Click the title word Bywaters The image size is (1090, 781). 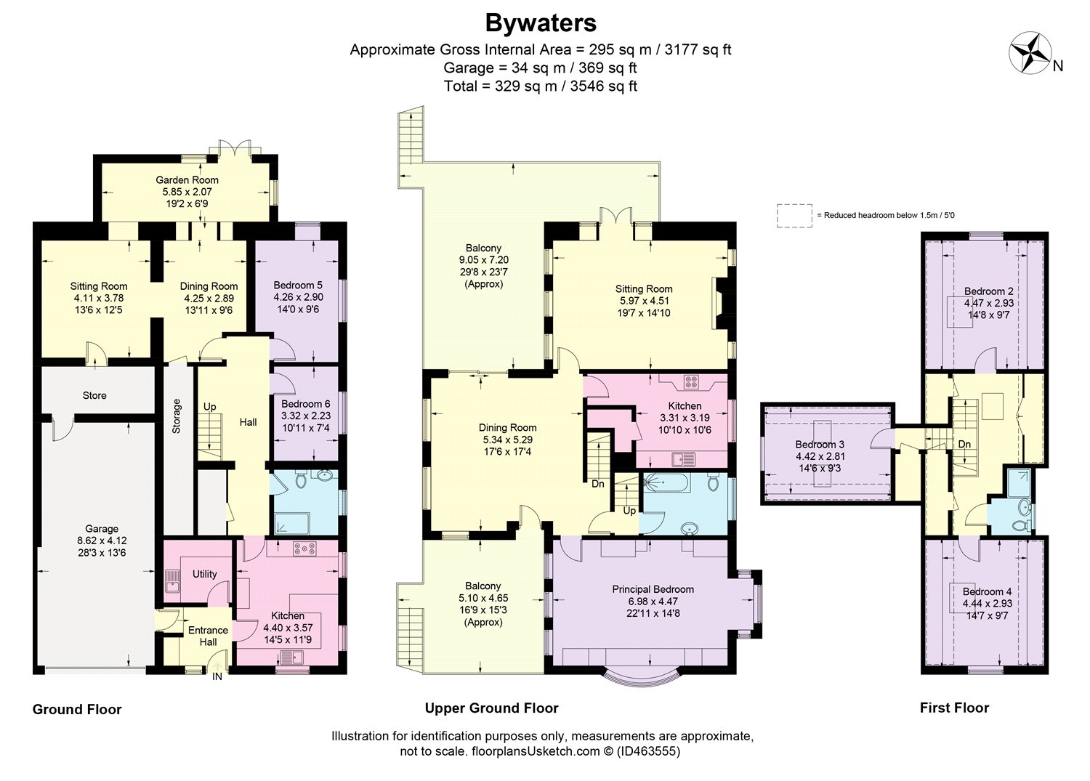541,23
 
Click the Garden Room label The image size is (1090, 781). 187,180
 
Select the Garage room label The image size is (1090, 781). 102,528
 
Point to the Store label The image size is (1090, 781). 94,395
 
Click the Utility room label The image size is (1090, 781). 204,574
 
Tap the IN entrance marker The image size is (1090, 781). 217,676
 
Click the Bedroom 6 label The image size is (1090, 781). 306,404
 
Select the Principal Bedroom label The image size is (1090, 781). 653,589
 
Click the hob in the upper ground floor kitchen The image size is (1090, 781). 690,382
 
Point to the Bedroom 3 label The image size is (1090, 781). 820,445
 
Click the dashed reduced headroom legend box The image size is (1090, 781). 795,216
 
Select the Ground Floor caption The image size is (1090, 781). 77,710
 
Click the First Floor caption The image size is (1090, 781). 954,708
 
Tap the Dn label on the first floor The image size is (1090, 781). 964,445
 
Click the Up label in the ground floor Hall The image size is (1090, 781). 210,407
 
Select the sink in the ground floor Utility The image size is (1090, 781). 171,580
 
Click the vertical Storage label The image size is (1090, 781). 177,416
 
